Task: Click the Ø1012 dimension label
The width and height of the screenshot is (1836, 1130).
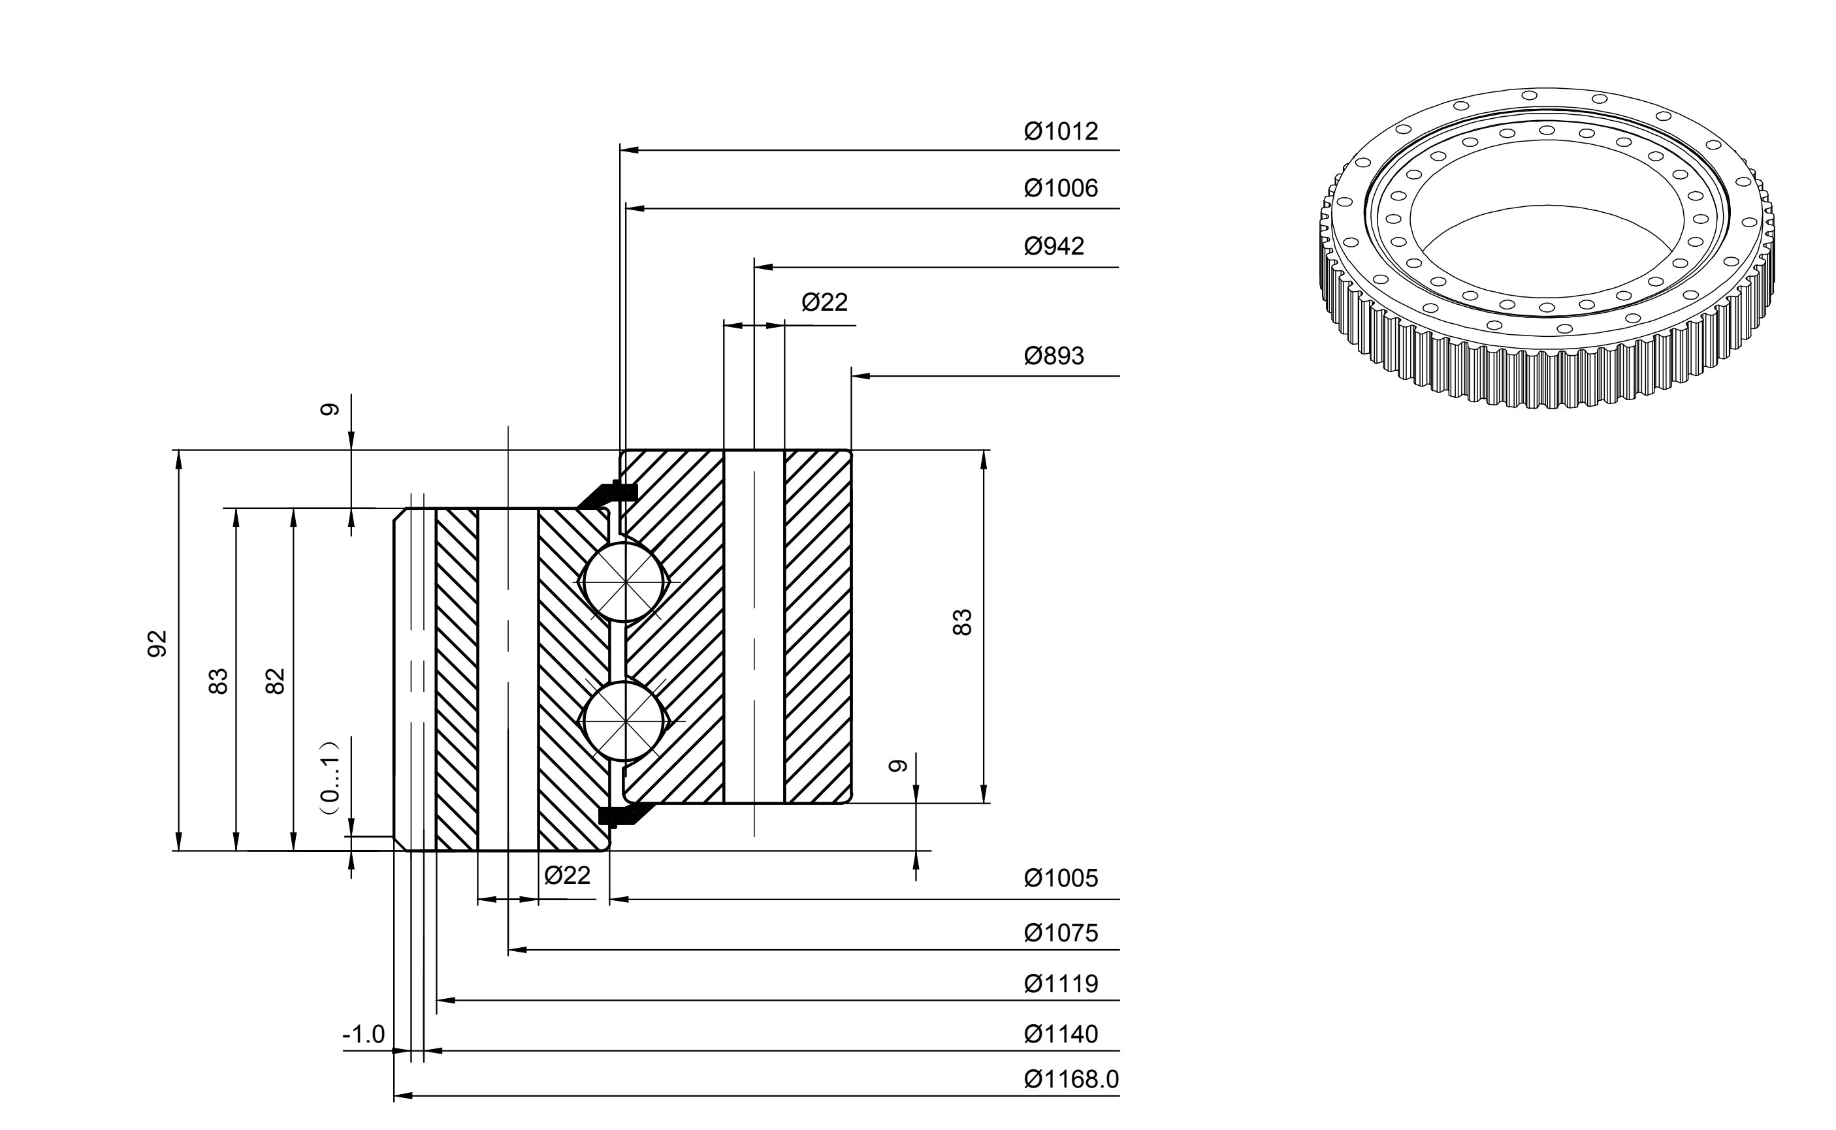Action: click(1061, 131)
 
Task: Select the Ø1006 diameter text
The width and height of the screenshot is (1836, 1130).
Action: click(1061, 188)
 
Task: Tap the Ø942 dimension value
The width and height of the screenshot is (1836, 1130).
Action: click(1054, 247)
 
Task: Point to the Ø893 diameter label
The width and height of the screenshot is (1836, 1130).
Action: click(1054, 356)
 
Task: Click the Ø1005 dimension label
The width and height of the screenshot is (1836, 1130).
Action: click(1061, 878)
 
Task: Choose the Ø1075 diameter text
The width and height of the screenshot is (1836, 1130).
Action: click(1061, 934)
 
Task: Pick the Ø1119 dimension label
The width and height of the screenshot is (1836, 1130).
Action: click(1061, 984)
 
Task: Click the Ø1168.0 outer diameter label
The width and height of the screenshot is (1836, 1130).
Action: click(1071, 1079)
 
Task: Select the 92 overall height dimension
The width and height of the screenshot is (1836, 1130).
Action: click(157, 644)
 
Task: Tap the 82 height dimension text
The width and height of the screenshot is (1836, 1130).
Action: click(276, 681)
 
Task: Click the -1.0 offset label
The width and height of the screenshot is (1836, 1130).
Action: click(363, 1035)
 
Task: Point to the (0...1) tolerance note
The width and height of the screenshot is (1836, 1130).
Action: click(330, 782)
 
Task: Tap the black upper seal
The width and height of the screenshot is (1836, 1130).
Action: click(607, 495)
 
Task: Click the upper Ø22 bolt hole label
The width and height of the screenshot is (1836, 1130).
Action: click(824, 303)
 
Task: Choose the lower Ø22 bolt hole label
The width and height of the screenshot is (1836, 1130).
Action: click(568, 875)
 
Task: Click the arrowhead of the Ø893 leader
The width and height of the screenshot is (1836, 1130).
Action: click(860, 376)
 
